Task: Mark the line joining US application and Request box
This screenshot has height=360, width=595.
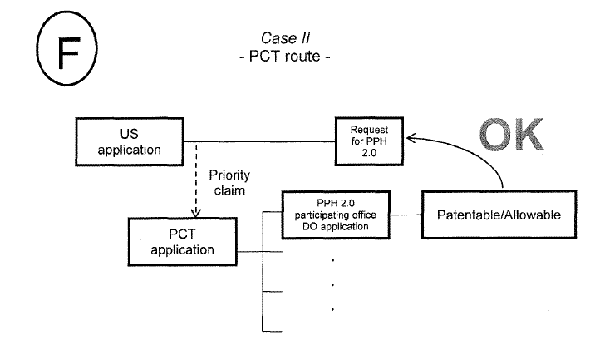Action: click(258, 141)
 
